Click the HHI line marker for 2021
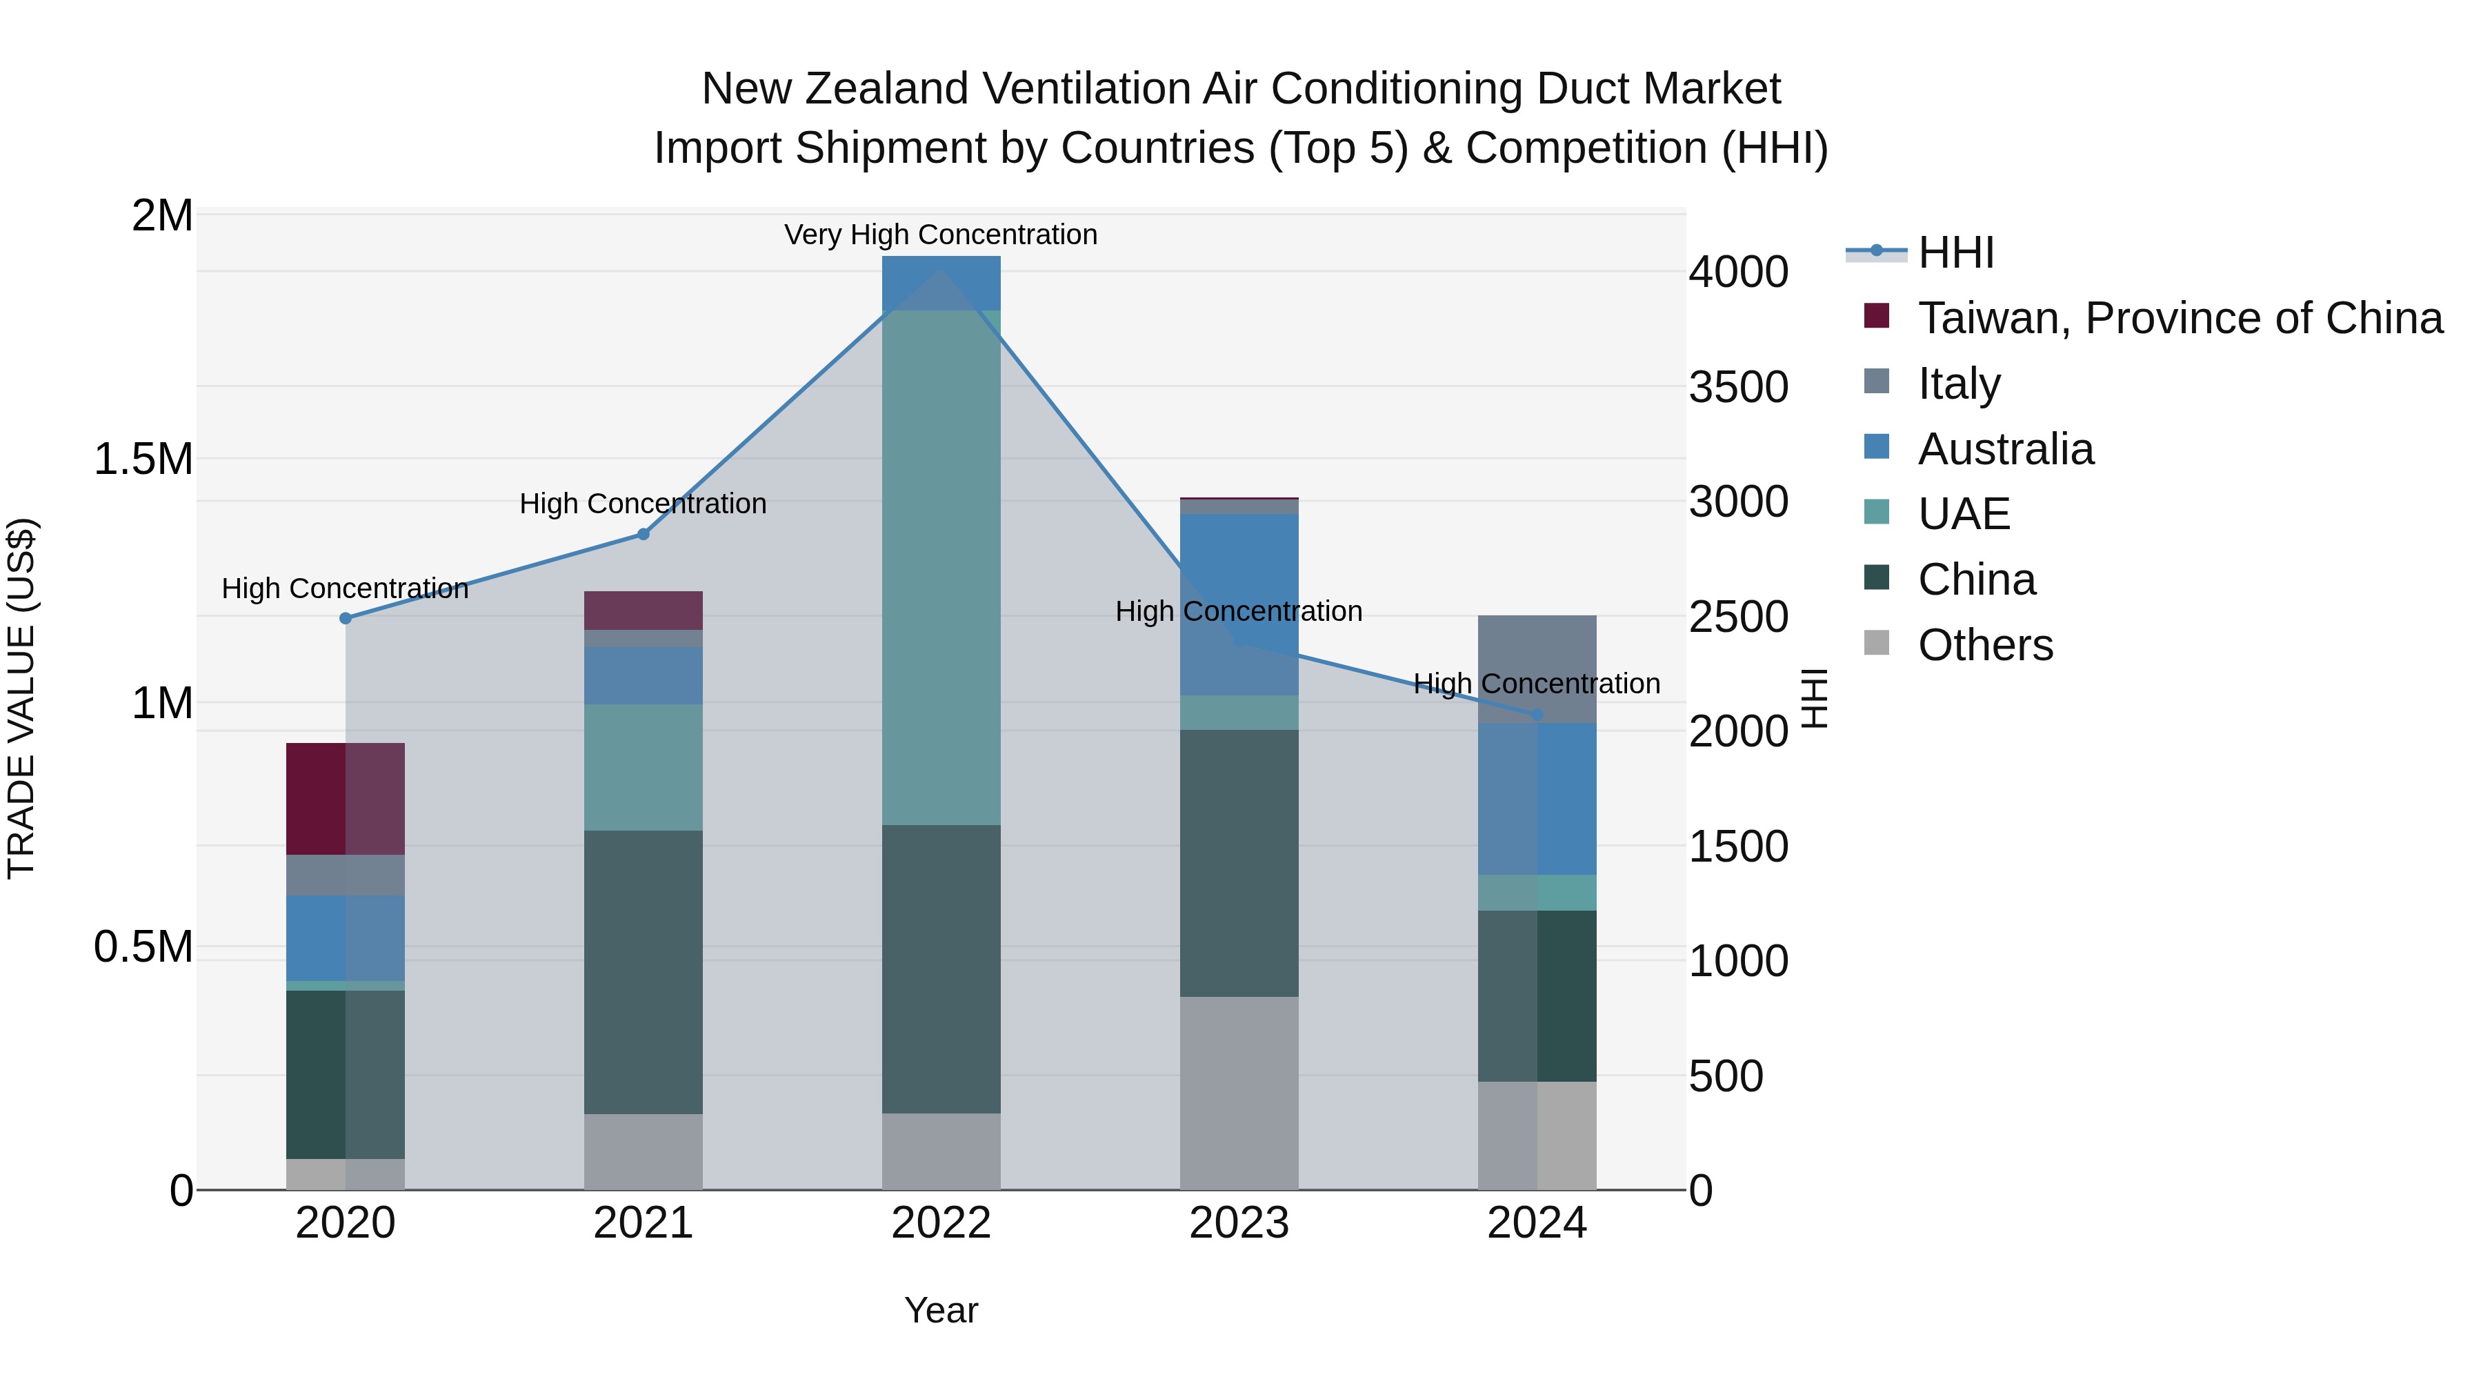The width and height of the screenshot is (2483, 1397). click(644, 534)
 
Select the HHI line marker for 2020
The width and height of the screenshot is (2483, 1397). click(346, 618)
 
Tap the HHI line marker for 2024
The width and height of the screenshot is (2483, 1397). click(1537, 715)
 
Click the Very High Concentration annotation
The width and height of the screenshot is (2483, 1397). click(941, 235)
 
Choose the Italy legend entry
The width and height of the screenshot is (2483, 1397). click(1959, 384)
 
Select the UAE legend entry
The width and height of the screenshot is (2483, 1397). click(1964, 514)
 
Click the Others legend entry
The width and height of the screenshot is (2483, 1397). click(1984, 645)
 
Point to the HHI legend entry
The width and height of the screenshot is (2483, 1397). click(1956, 252)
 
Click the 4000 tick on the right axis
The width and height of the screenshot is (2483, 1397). click(1738, 273)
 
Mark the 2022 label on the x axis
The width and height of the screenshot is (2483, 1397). click(941, 1223)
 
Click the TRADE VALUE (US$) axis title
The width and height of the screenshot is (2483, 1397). click(22, 698)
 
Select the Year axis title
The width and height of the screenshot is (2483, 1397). click(941, 1310)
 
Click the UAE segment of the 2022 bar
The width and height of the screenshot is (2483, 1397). click(941, 569)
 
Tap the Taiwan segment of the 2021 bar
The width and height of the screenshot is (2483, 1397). click(644, 611)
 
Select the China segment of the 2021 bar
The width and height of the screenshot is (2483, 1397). click(644, 972)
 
